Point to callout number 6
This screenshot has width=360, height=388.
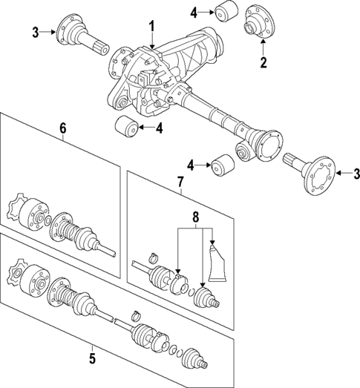(x=63, y=129)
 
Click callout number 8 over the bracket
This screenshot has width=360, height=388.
(x=196, y=218)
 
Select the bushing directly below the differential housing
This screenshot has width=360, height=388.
(x=127, y=128)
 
